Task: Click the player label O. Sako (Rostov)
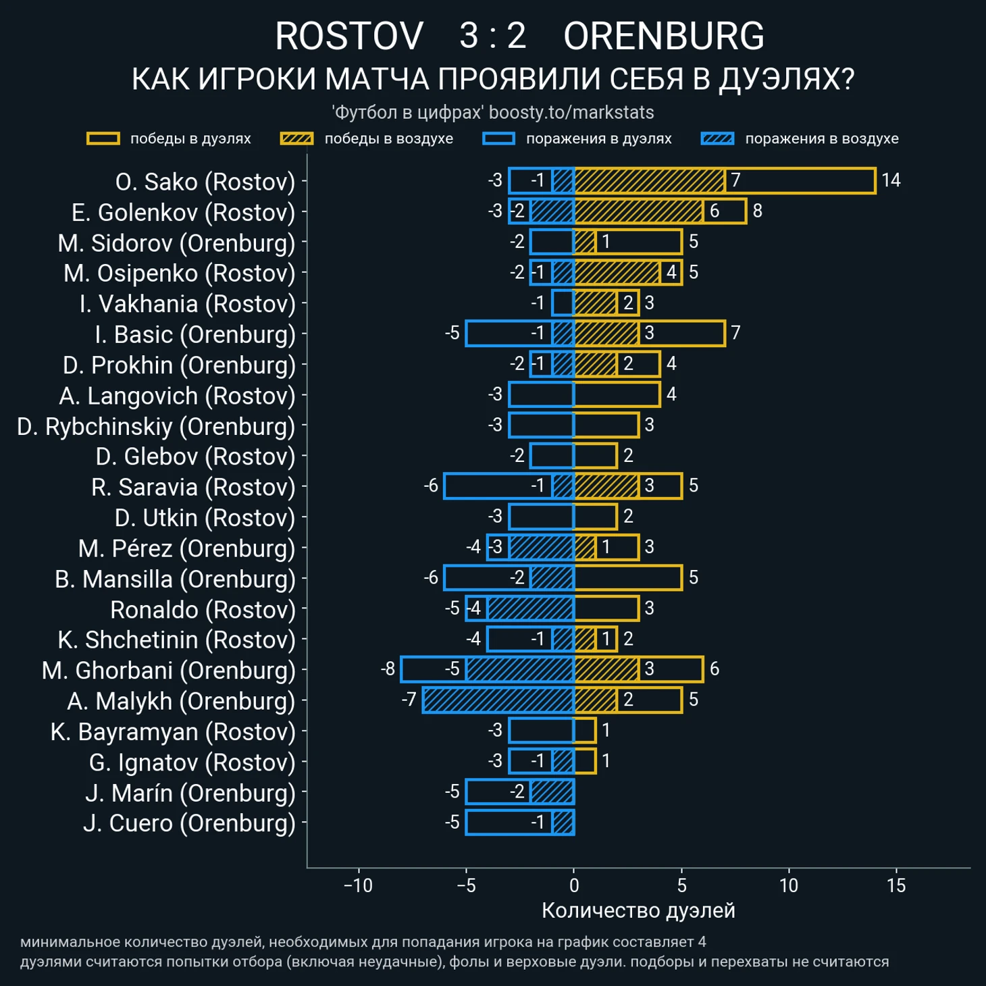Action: [x=205, y=182]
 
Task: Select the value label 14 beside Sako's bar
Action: [x=891, y=180]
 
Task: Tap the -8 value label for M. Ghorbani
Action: [x=388, y=669]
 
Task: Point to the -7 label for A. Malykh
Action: [x=409, y=700]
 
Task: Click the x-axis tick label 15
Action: [x=896, y=885]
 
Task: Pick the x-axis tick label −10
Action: [x=358, y=885]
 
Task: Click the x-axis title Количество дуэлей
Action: [x=638, y=910]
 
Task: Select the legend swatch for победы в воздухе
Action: [x=296, y=138]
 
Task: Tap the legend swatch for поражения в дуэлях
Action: [x=498, y=138]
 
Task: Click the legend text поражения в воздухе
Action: [x=821, y=138]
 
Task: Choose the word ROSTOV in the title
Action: [x=349, y=36]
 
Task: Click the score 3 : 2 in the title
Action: [x=493, y=36]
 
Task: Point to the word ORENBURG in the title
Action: [x=663, y=36]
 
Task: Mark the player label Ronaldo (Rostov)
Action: [x=203, y=610]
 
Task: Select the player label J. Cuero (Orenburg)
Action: [x=189, y=823]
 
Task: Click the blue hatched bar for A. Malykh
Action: [x=498, y=700]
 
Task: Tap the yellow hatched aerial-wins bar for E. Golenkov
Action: [x=638, y=211]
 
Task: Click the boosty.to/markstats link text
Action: [x=571, y=112]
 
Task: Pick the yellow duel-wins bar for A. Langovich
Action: [x=617, y=395]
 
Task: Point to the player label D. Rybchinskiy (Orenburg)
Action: [x=156, y=426]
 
